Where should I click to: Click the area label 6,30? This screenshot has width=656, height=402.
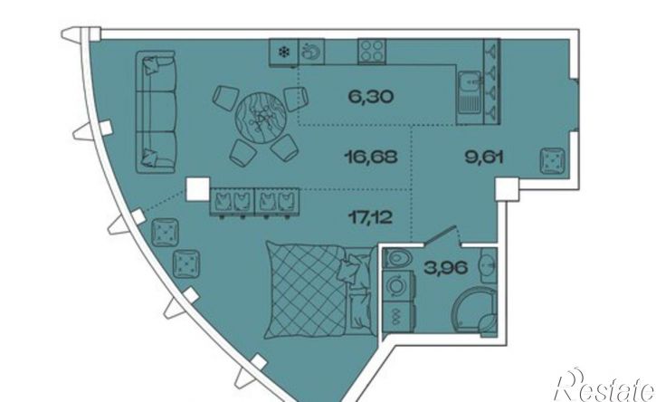pyautogui.click(x=371, y=97)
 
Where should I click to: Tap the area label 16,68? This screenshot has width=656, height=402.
pyautogui.click(x=370, y=157)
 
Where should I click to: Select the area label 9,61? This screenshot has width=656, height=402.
pyautogui.click(x=484, y=157)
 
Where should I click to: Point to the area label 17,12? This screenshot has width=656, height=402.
pyautogui.click(x=371, y=217)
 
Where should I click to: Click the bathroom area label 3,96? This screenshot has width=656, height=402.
pyautogui.click(x=445, y=267)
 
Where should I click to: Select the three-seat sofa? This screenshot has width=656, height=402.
pyautogui.click(x=156, y=111)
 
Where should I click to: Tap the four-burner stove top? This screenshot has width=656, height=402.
pyautogui.click(x=372, y=51)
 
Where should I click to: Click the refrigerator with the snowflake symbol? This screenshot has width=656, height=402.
pyautogui.click(x=283, y=53)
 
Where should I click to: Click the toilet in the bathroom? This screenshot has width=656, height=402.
pyautogui.click(x=398, y=258)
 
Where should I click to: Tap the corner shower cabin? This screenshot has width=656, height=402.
pyautogui.click(x=475, y=311)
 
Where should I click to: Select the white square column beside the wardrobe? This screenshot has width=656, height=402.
pyautogui.click(x=197, y=189)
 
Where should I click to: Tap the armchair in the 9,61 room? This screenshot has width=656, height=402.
pyautogui.click(x=552, y=161)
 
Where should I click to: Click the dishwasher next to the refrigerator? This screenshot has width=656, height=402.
pyautogui.click(x=311, y=52)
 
